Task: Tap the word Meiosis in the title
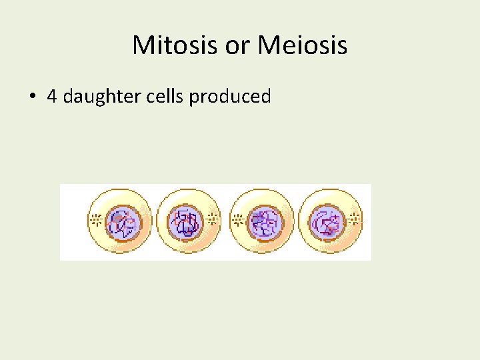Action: click(302, 46)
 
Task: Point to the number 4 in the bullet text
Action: click(51, 97)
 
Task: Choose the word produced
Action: click(230, 97)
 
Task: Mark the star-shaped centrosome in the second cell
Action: click(213, 218)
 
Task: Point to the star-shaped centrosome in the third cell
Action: click(237, 218)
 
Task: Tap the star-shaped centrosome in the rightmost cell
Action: click(355, 218)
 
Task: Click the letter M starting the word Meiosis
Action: click(268, 46)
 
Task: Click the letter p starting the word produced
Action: click(194, 99)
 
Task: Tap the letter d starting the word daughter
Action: click(68, 97)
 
